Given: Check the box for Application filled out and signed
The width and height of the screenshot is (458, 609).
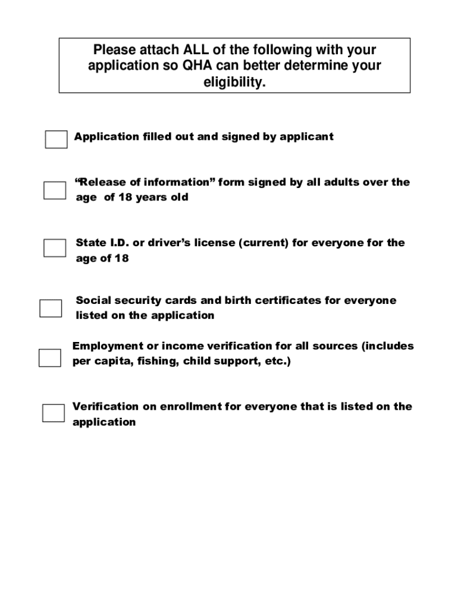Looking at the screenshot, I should (56, 139).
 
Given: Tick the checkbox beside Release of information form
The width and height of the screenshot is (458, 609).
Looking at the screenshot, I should (54, 190).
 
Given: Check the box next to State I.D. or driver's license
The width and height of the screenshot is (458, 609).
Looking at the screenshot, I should (55, 248).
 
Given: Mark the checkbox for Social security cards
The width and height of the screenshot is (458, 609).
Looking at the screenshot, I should (51, 308).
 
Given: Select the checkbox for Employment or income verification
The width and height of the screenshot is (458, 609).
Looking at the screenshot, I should (49, 357).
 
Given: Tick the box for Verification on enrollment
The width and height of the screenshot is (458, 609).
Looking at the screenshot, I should (53, 413).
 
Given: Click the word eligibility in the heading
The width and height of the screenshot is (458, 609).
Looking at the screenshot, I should (234, 83).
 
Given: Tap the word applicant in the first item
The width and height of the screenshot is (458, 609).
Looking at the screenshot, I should (306, 137).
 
